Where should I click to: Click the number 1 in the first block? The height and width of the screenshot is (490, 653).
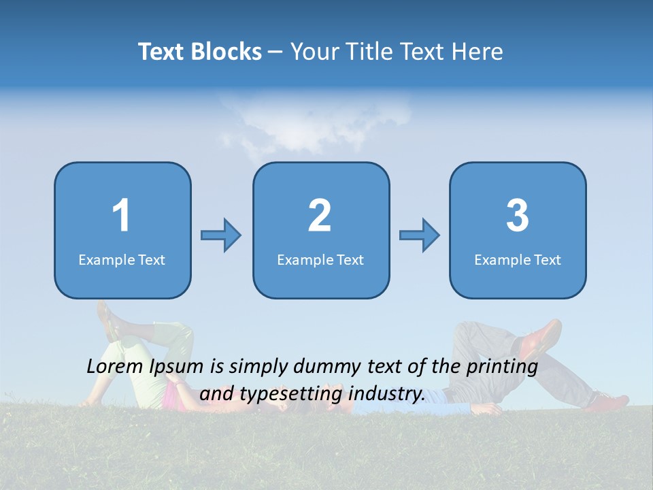click(x=121, y=216)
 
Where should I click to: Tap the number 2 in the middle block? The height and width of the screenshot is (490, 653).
click(x=320, y=216)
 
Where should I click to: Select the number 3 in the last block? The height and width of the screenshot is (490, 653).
click(x=518, y=216)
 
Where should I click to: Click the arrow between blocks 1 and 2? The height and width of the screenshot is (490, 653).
click(x=221, y=235)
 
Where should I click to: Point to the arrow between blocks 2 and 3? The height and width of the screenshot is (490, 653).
click(x=420, y=235)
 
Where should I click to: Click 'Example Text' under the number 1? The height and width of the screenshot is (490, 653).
click(x=122, y=260)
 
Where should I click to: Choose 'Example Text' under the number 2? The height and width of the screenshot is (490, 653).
click(x=320, y=260)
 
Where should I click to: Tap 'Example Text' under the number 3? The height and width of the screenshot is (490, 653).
click(x=518, y=260)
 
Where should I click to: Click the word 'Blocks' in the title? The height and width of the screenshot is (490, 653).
click(x=226, y=52)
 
